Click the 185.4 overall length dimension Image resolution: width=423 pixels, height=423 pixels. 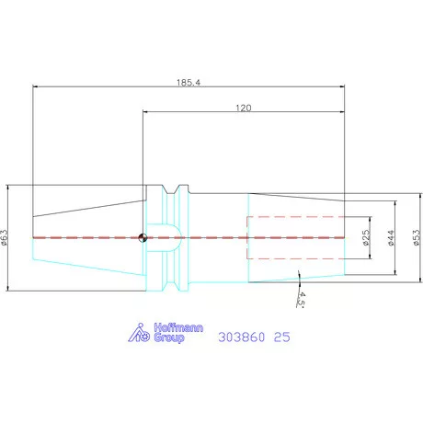[x=189, y=83]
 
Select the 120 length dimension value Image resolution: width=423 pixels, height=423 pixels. [x=244, y=108]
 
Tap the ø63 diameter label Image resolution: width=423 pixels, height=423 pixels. [x=5, y=237]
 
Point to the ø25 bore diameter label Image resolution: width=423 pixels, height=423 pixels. [x=366, y=237]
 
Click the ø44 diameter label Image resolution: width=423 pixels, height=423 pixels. [x=391, y=238]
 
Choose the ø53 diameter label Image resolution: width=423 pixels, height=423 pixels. [x=417, y=237]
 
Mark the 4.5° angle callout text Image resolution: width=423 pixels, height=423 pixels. [x=301, y=299]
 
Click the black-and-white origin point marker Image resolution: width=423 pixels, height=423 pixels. [x=143, y=237]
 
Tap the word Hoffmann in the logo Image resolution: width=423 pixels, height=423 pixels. [x=178, y=327]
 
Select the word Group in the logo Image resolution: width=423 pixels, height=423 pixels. [x=169, y=337]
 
